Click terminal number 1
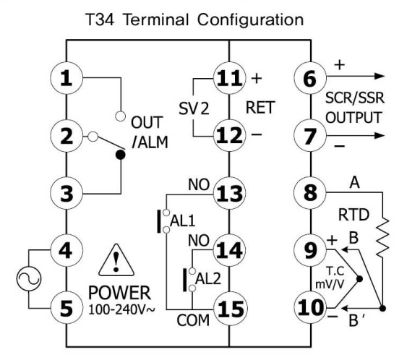tap(67, 79)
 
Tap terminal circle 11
tap(228, 79)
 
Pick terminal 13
tap(228, 194)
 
